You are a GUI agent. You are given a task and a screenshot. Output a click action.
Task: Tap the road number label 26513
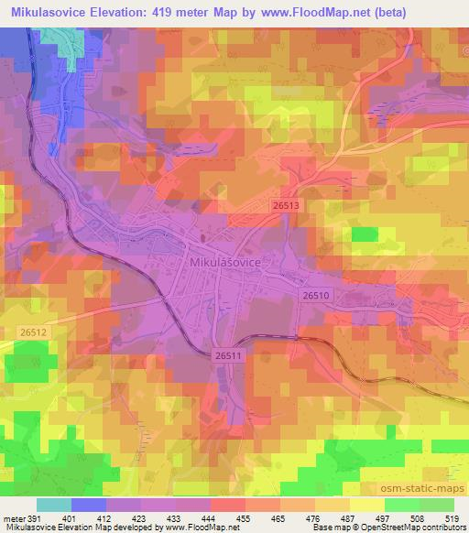click(x=286, y=208)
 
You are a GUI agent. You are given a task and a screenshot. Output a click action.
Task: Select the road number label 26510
click(x=315, y=295)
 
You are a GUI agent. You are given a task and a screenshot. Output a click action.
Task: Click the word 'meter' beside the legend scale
click(x=13, y=517)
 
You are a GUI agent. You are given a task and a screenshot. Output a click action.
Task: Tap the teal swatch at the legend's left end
click(x=54, y=505)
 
